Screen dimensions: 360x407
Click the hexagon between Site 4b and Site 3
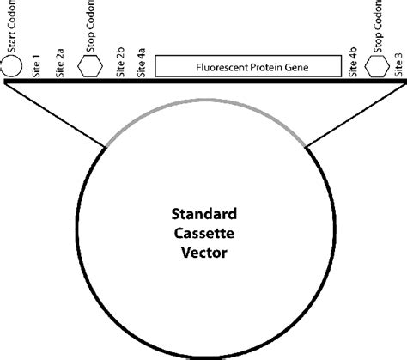pos(376,67)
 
